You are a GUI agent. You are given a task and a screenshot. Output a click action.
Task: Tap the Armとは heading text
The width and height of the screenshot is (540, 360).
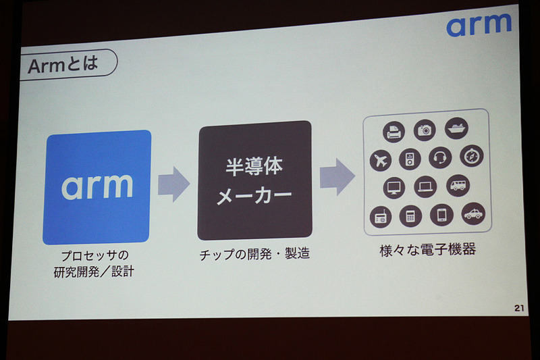pos(63,65)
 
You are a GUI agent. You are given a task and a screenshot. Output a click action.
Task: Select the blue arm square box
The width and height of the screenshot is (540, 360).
pos(97,186)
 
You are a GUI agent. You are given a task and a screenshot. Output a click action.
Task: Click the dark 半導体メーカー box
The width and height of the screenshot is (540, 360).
pos(254,181)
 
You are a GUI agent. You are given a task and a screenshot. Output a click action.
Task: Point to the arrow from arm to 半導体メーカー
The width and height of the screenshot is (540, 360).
pos(174,185)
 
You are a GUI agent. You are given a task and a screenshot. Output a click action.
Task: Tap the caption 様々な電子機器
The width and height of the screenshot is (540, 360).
pos(427,251)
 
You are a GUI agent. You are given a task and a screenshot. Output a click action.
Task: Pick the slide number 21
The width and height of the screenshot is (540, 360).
pos(519,308)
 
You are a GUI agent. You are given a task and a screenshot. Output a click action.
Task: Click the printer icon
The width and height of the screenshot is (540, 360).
pos(394,132)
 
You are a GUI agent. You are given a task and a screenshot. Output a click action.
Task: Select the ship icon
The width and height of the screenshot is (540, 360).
pos(456,128)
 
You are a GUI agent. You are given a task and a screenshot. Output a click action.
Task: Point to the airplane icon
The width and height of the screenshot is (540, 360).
pos(381,161)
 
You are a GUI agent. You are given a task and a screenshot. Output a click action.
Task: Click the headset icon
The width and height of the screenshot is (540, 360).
pos(440,157)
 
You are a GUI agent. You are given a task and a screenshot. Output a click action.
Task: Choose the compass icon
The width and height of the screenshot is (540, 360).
pos(472,155)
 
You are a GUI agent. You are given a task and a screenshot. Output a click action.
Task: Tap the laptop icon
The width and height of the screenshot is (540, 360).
pos(425,186)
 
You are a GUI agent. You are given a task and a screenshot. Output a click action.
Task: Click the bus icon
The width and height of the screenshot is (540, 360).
pos(458,185)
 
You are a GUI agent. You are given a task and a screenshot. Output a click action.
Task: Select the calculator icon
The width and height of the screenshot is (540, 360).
pos(410,216)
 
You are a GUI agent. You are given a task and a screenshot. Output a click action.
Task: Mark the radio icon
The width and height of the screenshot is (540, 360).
pos(381,217)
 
